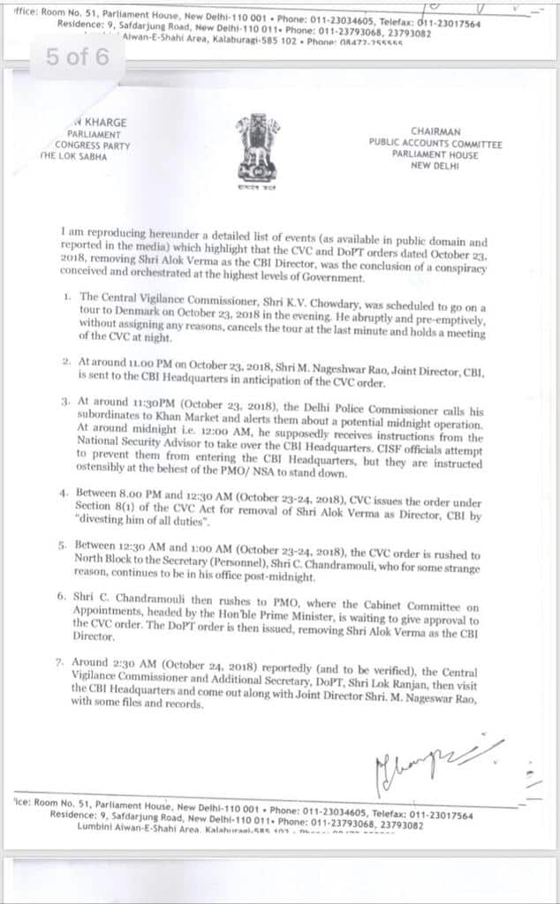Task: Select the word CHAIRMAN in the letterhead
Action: [436, 131]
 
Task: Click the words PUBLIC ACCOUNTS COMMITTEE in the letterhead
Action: [436, 143]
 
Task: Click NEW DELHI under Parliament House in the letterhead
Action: [436, 165]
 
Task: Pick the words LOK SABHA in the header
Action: [86, 156]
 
